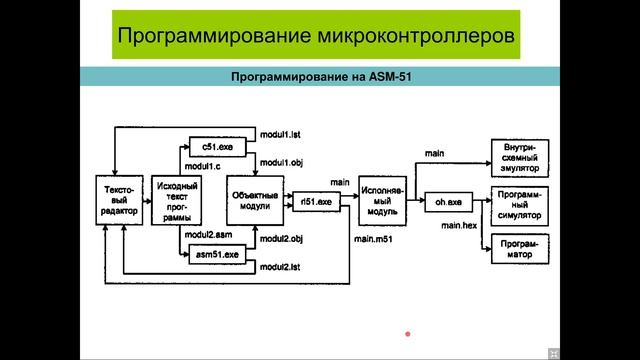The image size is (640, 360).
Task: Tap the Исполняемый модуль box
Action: click(x=380, y=200)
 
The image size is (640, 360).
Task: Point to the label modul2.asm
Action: click(x=208, y=234)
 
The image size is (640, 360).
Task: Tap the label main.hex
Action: click(x=460, y=227)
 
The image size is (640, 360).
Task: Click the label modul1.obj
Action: click(x=281, y=161)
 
